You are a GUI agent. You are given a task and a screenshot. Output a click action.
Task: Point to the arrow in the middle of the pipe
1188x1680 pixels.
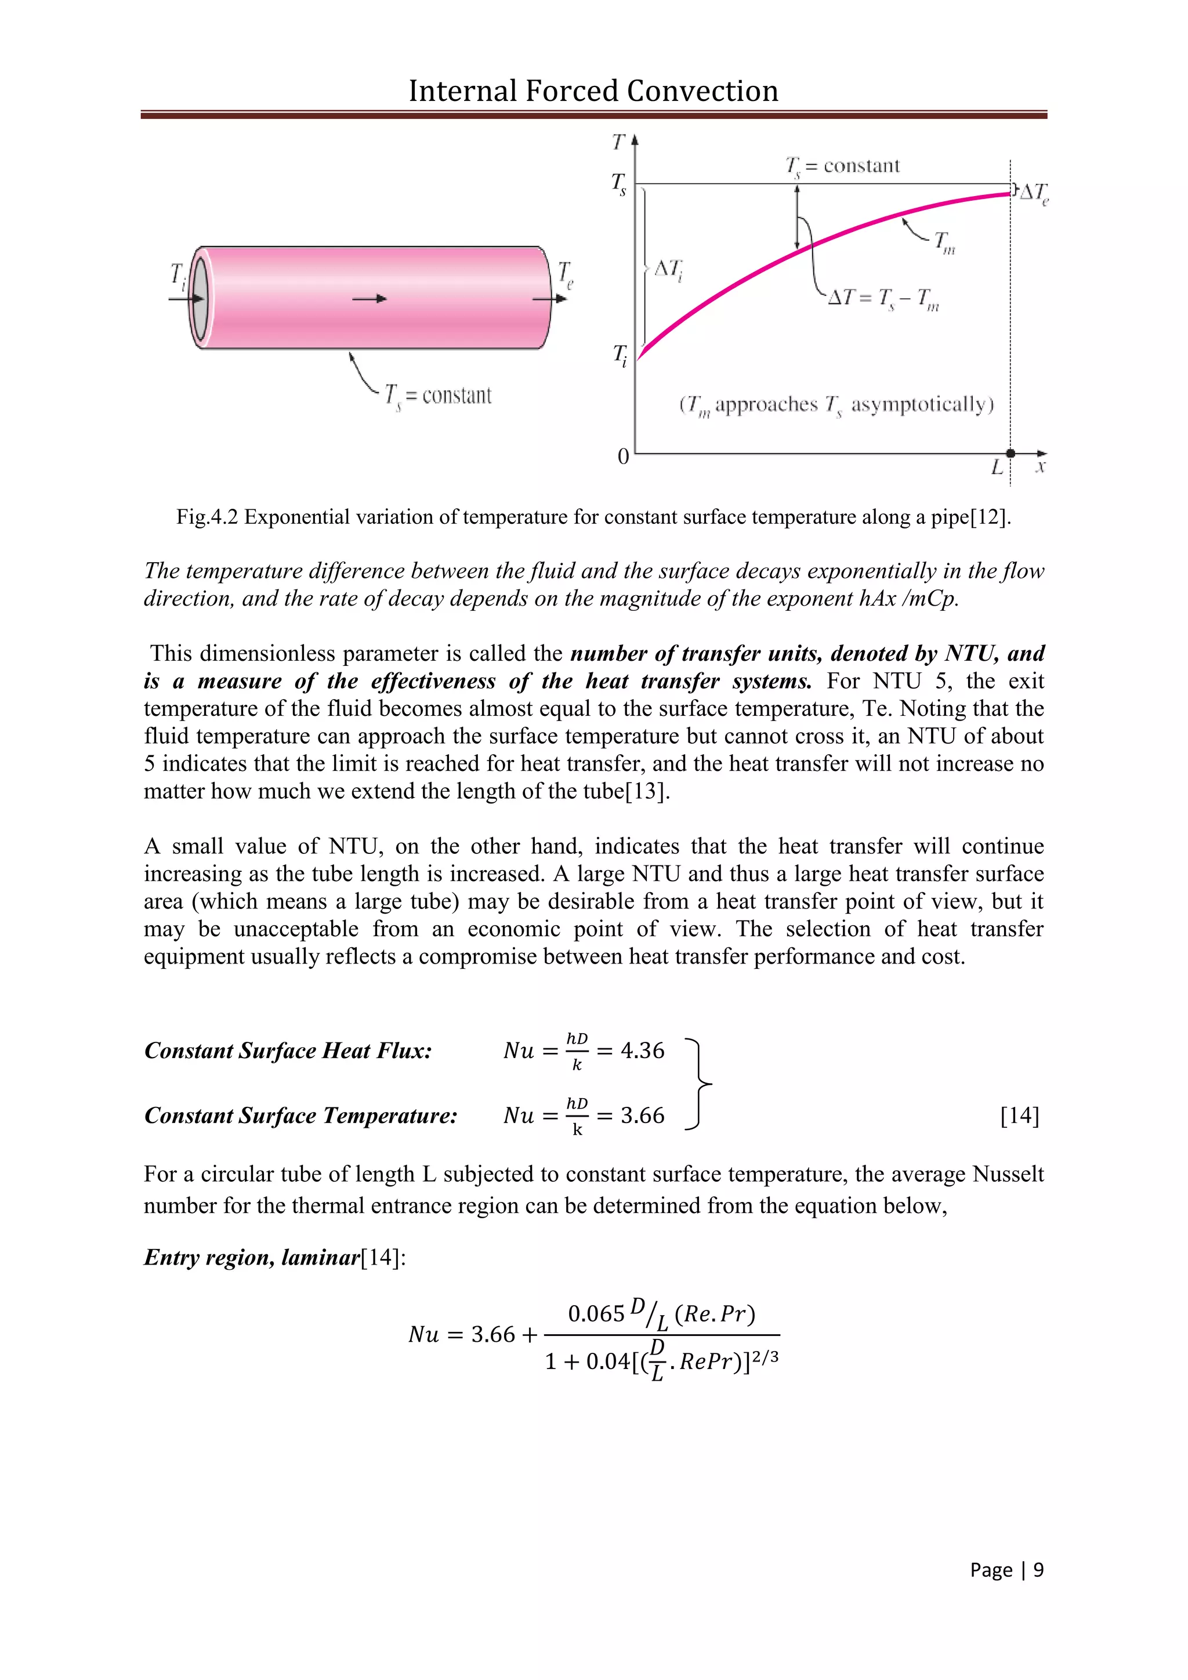coord(370,299)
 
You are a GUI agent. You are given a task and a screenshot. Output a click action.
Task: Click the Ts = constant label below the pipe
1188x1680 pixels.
coord(438,396)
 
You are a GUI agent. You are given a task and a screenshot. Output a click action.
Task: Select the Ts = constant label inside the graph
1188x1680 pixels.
coord(842,167)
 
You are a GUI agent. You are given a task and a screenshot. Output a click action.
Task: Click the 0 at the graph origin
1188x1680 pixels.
coord(623,457)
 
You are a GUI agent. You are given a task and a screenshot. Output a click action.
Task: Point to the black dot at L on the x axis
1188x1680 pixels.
coord(1010,454)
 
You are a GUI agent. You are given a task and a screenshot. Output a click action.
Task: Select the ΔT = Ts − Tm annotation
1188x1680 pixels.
coord(883,299)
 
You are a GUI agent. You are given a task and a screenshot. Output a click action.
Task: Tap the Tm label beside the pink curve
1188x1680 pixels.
coord(944,242)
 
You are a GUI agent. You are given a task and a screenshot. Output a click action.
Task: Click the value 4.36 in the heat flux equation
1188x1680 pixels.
coord(642,1051)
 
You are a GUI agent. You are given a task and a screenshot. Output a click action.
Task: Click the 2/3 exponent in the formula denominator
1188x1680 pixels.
coord(765,1359)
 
